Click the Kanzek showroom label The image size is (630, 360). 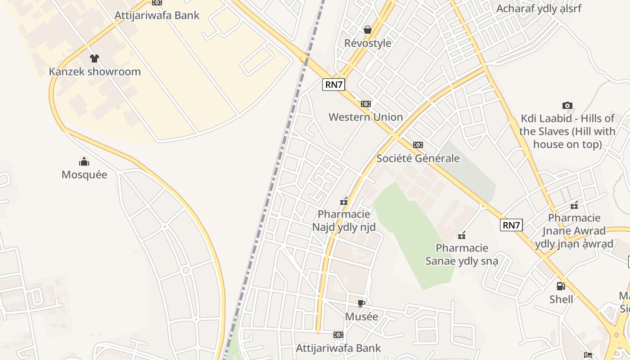pos(94,72)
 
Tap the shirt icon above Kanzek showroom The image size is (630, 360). pos(94,58)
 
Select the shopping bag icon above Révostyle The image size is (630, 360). pos(368,30)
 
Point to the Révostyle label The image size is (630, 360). pos(368,43)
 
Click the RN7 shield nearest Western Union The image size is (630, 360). pos(333,85)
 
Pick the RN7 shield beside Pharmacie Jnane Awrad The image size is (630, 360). pos(511,225)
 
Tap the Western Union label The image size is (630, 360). pos(365,117)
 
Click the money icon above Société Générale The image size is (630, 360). pos(418,145)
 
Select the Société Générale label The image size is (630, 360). pos(418,158)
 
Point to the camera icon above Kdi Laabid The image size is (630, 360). pos(567,105)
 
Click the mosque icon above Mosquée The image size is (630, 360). pos(84,162)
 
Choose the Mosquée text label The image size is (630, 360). pos(84,175)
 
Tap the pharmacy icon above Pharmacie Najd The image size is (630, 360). pos(344,201)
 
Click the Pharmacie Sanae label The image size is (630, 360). pos(462,254)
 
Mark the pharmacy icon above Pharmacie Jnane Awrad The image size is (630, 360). pos(574,205)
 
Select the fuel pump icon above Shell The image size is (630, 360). pos(561,286)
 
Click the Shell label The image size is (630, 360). pos(561,299)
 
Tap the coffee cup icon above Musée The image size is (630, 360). pos(361,303)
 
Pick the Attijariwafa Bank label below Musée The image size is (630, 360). pos(338,348)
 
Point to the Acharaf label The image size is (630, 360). pos(539,9)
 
